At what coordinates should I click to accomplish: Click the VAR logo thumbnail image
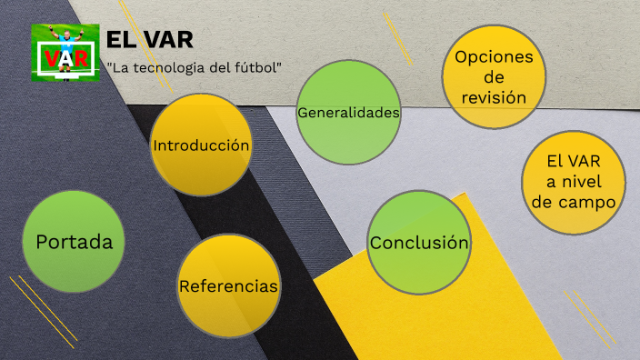[x=65, y=53]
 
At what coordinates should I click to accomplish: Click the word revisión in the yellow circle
[x=494, y=96]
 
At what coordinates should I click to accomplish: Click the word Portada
[x=74, y=242]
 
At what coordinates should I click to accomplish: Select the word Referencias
[x=228, y=286]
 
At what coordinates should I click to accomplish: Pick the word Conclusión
[x=418, y=243]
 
